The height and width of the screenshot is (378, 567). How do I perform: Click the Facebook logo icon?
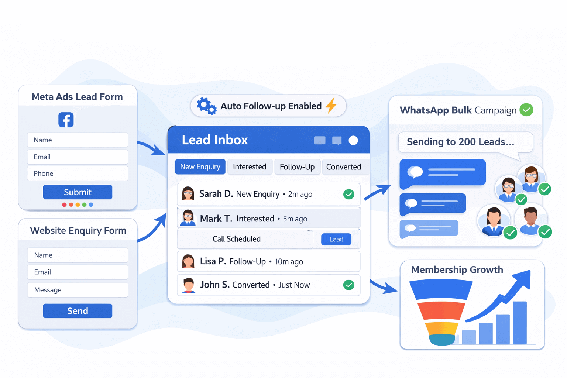tap(66, 120)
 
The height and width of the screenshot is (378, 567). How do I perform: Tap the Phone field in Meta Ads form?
tap(78, 173)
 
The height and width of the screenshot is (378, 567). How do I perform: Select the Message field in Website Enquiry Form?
tap(78, 290)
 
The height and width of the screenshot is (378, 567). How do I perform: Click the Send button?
tap(78, 311)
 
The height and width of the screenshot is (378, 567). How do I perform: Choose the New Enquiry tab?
tap(200, 167)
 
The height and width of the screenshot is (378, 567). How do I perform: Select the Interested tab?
tap(250, 167)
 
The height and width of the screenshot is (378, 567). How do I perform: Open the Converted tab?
tap(344, 167)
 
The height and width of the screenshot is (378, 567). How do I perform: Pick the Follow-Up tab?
tap(297, 167)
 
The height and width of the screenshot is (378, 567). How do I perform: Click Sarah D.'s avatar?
tap(188, 194)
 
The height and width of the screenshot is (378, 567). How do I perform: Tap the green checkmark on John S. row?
tap(348, 285)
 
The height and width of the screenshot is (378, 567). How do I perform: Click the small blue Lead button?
tap(336, 239)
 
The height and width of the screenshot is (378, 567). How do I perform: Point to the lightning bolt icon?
tap(331, 106)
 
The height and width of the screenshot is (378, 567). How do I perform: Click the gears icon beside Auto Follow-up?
tap(206, 106)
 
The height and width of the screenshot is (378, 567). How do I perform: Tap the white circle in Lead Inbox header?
tap(353, 140)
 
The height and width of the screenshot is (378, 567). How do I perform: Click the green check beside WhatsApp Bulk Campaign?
tap(526, 110)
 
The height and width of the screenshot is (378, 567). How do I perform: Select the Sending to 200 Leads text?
tap(460, 142)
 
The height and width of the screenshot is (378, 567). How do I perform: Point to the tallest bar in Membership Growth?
tap(520, 322)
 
